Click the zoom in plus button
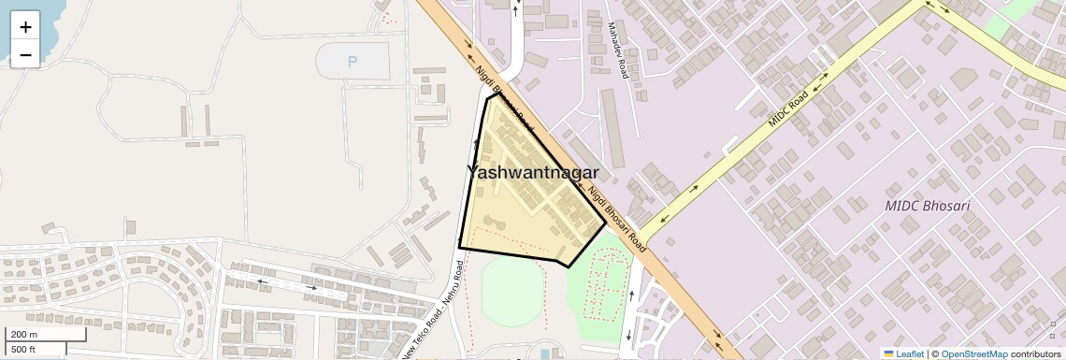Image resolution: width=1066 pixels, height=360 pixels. point(25,26)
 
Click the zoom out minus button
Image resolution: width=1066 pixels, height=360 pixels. point(25,54)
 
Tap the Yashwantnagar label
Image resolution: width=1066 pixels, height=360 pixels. point(532,172)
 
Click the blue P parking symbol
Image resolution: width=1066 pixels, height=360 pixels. point(353,63)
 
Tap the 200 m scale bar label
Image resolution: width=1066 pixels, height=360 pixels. point(25,335)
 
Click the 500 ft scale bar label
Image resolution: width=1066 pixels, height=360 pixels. point(24,350)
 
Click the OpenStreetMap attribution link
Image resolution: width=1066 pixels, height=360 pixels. point(973,353)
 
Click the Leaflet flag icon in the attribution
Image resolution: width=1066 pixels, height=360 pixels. point(888,353)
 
